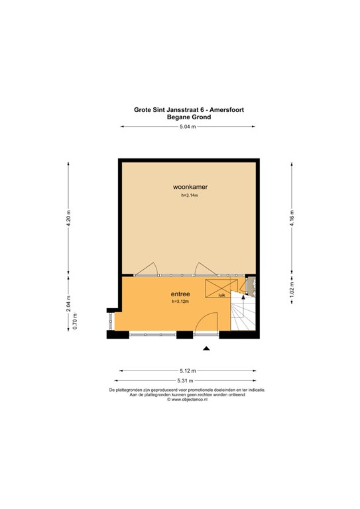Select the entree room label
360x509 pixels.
pyautogui.click(x=180, y=294)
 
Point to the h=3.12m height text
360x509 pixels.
pyautogui.click(x=180, y=302)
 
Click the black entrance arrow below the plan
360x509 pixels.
pyautogui.click(x=207, y=349)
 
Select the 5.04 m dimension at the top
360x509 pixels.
pyautogui.click(x=188, y=127)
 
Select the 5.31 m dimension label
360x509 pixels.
pyautogui.click(x=184, y=380)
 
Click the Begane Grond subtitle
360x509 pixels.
pyautogui.click(x=189, y=117)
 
